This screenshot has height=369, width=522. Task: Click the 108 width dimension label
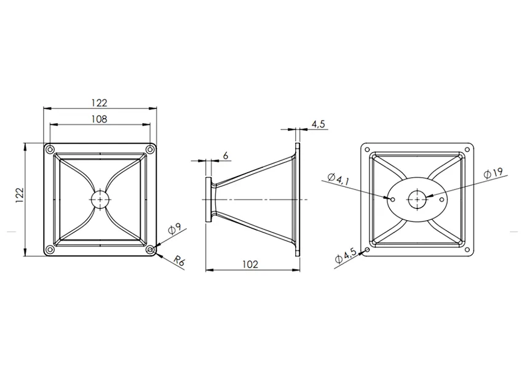click(x=99, y=119)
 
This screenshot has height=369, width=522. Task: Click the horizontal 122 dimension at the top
click(x=99, y=103)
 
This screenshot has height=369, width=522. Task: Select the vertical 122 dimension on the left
click(x=20, y=195)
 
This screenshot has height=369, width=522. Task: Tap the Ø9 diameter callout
click(x=175, y=229)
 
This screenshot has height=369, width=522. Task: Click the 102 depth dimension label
click(x=250, y=264)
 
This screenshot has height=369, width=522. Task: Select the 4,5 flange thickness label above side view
click(x=318, y=124)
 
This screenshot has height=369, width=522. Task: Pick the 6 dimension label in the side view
click(x=226, y=156)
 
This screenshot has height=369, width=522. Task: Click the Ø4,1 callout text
click(x=339, y=179)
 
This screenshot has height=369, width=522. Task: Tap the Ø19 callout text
click(x=493, y=173)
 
